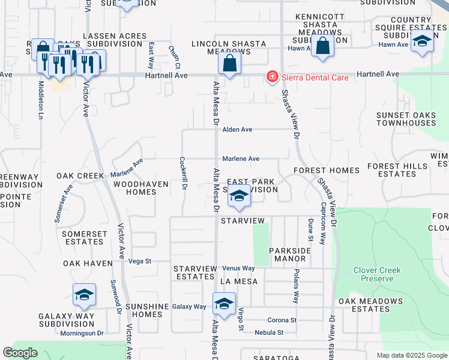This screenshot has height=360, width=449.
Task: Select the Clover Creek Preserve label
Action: tap(377, 274)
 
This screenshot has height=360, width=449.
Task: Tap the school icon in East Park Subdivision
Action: tap(239, 196)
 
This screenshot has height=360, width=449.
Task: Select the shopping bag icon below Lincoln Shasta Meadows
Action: tap(230, 63)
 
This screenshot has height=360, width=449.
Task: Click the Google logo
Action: tap(20, 353)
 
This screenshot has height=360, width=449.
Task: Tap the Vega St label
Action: tap(139, 261)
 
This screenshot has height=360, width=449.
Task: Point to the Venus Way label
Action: tap(238, 268)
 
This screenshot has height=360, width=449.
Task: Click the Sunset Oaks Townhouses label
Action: tap(406, 119)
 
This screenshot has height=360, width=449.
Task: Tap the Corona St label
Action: tap(282, 320)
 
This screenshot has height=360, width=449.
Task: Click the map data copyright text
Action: tap(411, 355)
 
